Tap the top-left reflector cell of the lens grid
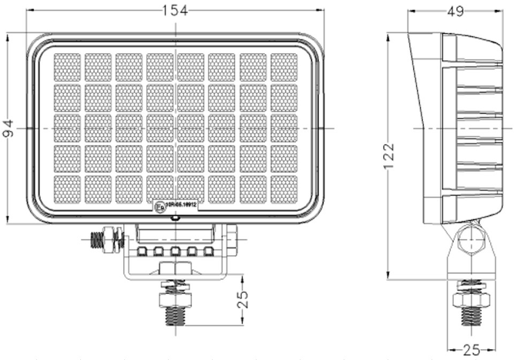pos(67,66)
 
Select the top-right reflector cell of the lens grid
pos(284,66)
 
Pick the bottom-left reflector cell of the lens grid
pos(67,189)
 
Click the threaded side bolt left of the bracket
pos(101,240)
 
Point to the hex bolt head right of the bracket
pos(230,239)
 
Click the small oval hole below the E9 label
pos(175,218)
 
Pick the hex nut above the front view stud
pos(175,286)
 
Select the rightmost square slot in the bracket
pos(208,252)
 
